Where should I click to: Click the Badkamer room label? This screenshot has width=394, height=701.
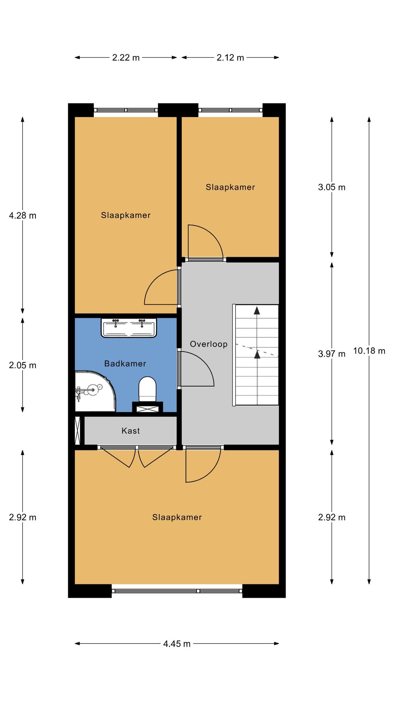click(x=125, y=364)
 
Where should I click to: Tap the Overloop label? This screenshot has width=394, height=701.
click(x=209, y=344)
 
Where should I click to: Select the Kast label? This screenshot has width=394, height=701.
click(x=131, y=431)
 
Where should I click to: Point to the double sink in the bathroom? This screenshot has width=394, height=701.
click(x=129, y=328)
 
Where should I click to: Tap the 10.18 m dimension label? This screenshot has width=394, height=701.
click(x=369, y=350)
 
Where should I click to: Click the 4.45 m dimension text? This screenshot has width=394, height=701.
click(x=177, y=644)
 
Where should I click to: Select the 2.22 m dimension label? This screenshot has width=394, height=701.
click(x=126, y=58)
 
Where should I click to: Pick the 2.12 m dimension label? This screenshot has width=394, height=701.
click(x=230, y=58)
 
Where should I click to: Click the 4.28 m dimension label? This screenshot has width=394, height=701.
click(x=23, y=216)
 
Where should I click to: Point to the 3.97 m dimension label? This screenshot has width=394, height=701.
click(x=332, y=354)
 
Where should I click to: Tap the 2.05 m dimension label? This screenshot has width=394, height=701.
click(x=23, y=365)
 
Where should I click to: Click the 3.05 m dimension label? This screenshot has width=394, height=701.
click(x=332, y=187)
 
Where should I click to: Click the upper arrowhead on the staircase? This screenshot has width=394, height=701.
click(x=257, y=310)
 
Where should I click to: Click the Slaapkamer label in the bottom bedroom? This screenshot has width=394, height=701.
click(x=177, y=517)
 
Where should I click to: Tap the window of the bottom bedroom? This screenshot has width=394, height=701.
click(x=177, y=591)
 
